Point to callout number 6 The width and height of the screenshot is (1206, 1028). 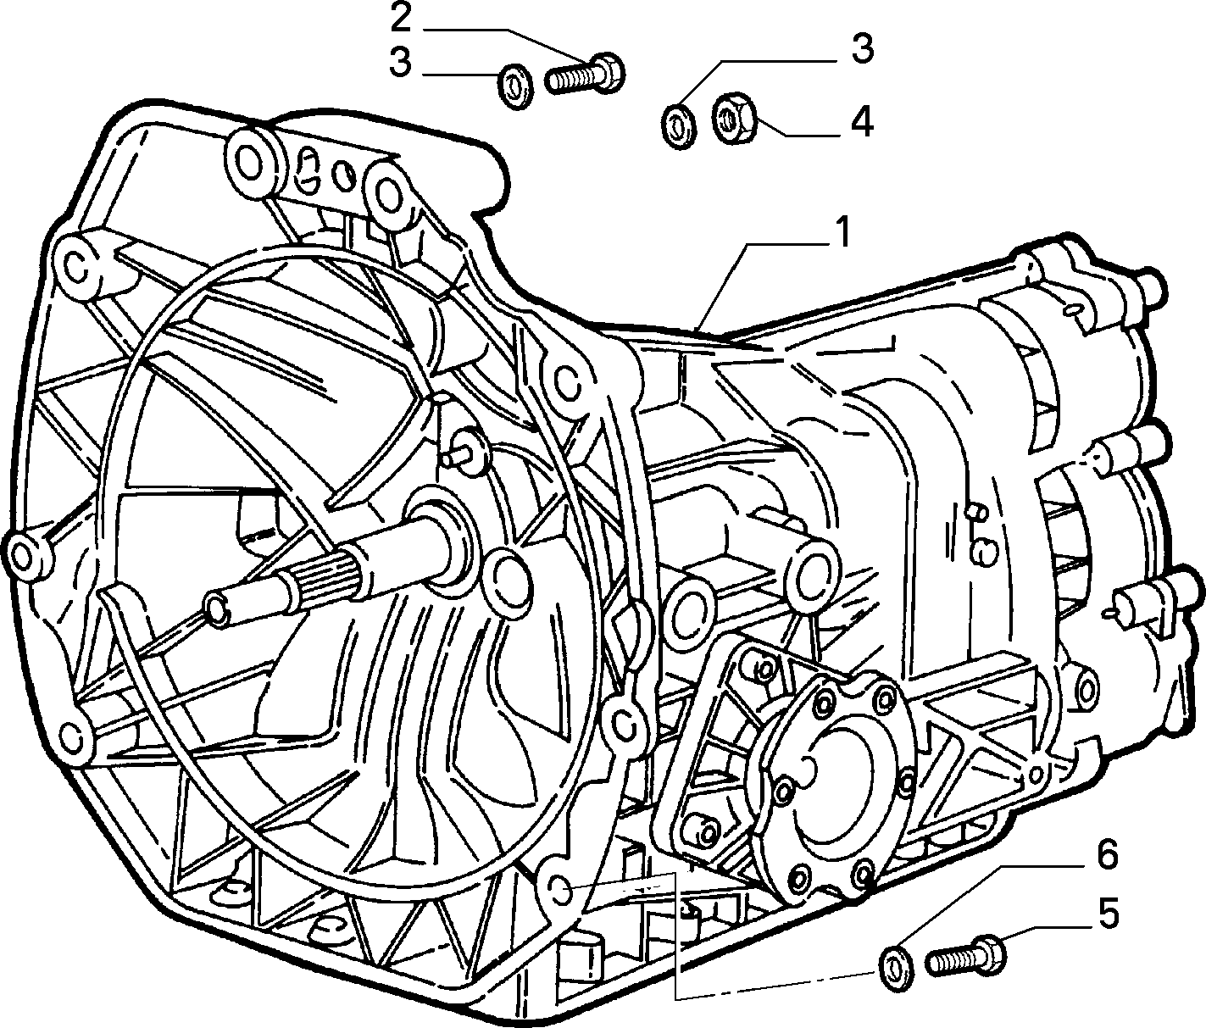1103,855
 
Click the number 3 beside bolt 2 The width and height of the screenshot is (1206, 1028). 400,63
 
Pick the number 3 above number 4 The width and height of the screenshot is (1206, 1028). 862,49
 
